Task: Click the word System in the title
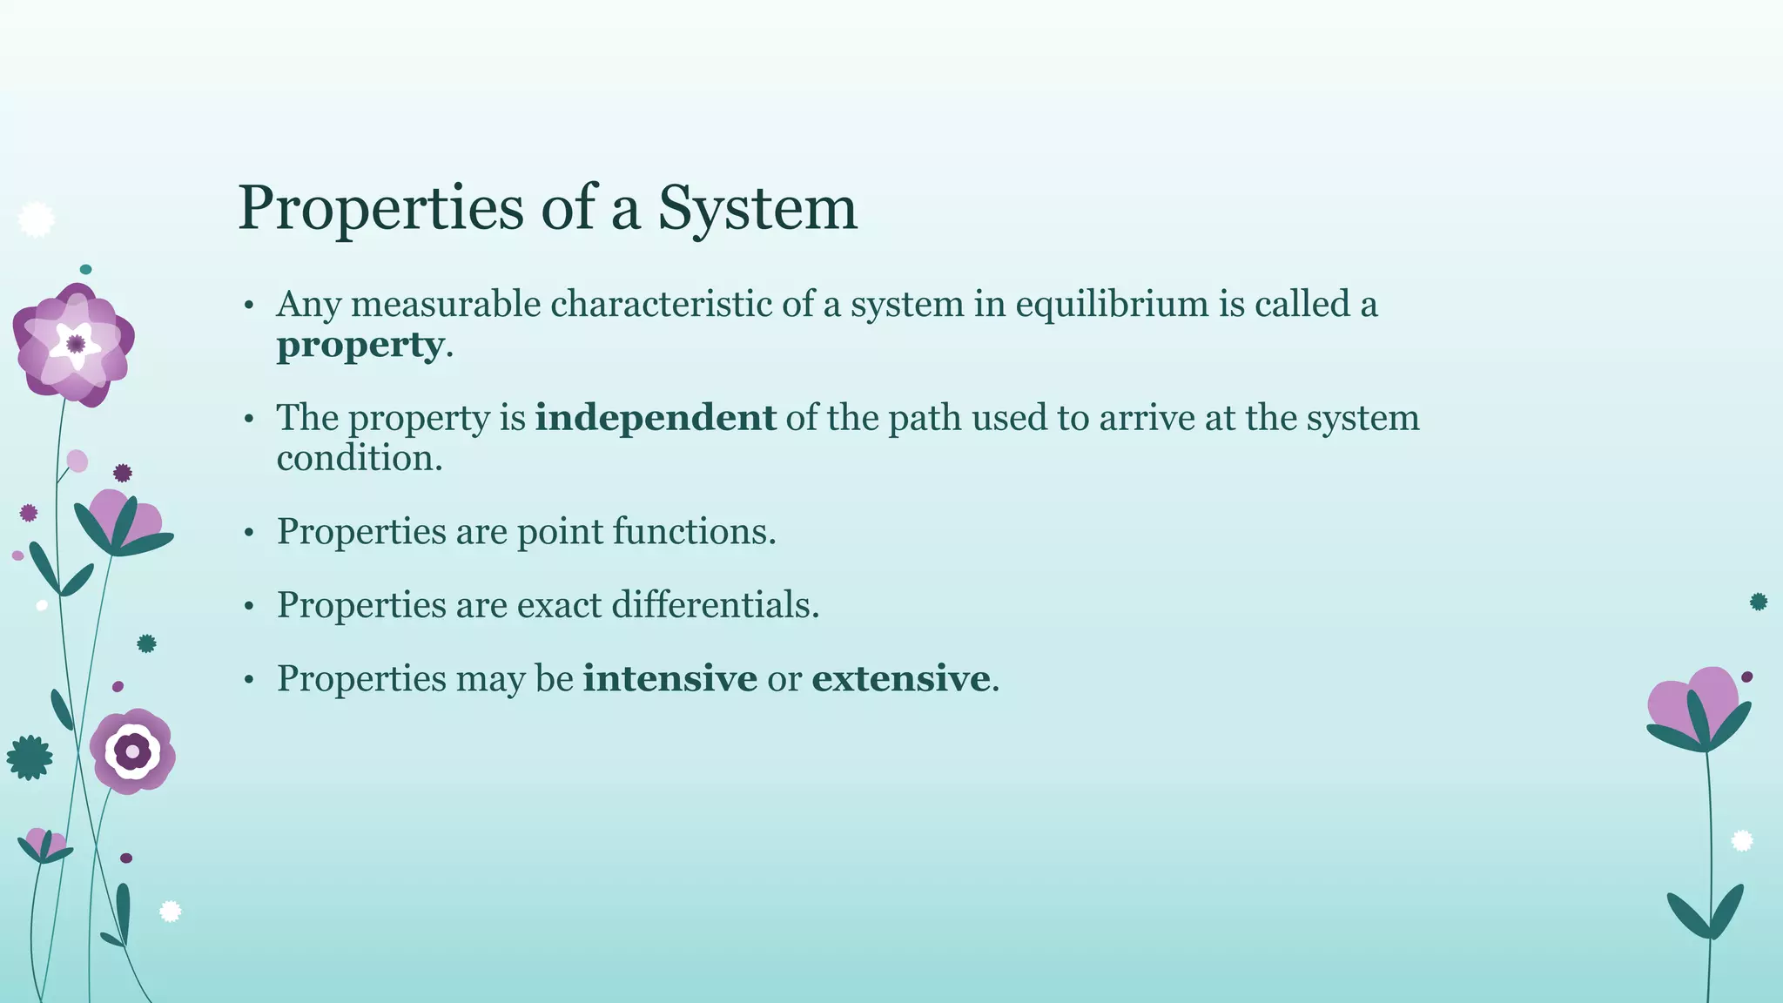tap(757, 209)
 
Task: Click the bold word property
tap(360, 346)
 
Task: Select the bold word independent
tap(655, 418)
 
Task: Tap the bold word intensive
tap(669, 678)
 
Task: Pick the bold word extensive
tap(900, 678)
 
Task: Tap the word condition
tap(359, 459)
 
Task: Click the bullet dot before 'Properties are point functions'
tap(249, 533)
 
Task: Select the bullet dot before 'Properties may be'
tap(249, 680)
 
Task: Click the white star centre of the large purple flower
tap(75, 344)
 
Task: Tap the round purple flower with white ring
tap(132, 751)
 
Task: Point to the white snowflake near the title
tap(36, 219)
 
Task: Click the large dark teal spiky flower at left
tap(30, 757)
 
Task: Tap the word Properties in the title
tap(380, 209)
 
